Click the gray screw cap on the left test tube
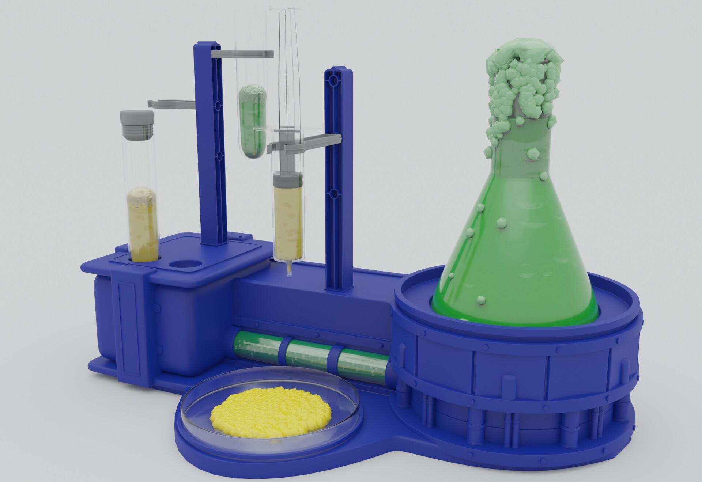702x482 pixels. (137, 124)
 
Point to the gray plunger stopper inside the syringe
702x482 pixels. (287, 180)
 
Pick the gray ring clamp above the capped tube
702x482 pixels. (172, 104)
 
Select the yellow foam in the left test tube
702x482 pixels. (143, 197)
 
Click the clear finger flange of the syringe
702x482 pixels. (287, 129)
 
